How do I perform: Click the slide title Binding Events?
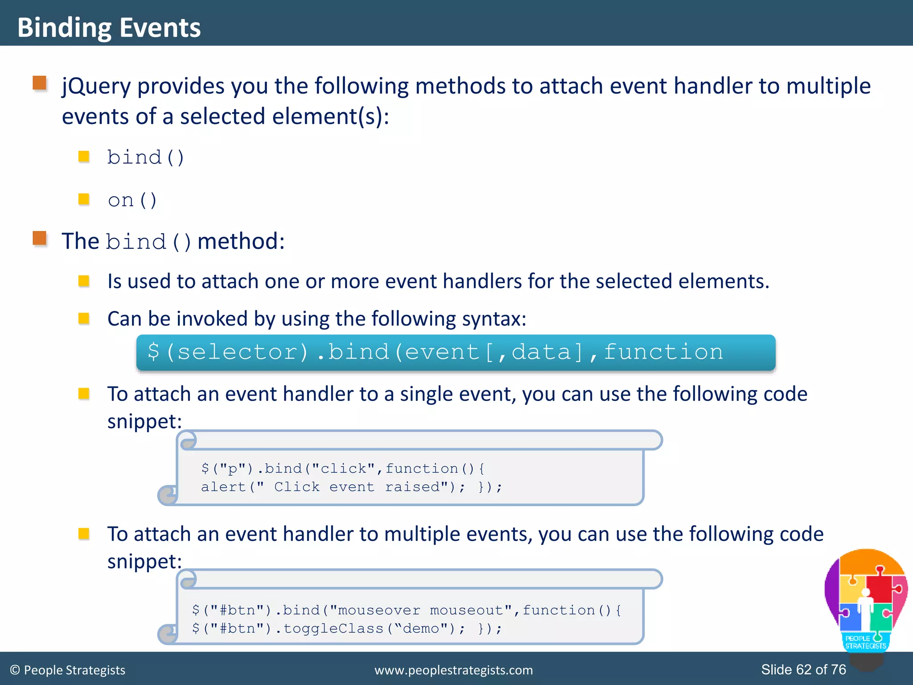pyautogui.click(x=109, y=28)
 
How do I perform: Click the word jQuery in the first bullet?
pyautogui.click(x=96, y=86)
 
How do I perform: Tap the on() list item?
pyautogui.click(x=132, y=200)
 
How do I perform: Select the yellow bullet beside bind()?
pyautogui.click(x=84, y=157)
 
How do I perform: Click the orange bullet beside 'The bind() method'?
pyautogui.click(x=40, y=239)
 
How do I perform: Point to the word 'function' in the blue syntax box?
pyautogui.click(x=663, y=352)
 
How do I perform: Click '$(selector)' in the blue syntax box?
pyautogui.click(x=228, y=352)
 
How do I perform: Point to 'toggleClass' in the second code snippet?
pyautogui.click(x=333, y=629)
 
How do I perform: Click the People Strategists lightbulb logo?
pyautogui.click(x=866, y=602)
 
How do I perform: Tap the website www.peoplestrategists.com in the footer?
pyautogui.click(x=453, y=670)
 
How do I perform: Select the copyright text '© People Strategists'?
pyautogui.click(x=68, y=670)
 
